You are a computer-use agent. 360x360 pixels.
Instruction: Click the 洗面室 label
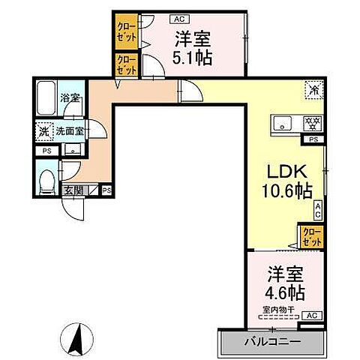pos(68,130)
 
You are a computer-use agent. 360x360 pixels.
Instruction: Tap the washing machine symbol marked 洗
pos(43,130)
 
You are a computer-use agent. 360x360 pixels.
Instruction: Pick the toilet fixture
pos(47,180)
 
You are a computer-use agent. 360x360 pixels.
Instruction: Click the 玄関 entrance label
pos(73,190)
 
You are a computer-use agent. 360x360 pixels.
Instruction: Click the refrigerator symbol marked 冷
pos(313,90)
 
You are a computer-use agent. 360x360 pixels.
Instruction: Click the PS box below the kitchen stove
pos(313,139)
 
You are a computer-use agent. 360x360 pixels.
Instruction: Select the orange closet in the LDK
pos(310,238)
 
